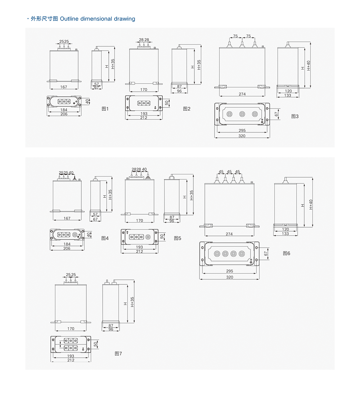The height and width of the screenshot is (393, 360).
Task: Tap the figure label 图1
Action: (x=105, y=109)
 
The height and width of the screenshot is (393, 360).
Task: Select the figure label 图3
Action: (x=295, y=116)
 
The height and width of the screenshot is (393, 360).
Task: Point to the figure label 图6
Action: (x=287, y=253)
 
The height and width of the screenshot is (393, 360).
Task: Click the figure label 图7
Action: (x=118, y=354)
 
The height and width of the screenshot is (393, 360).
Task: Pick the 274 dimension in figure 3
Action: (x=242, y=94)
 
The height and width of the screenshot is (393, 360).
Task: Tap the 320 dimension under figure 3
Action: (x=242, y=136)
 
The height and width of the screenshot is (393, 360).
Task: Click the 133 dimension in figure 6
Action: (x=285, y=234)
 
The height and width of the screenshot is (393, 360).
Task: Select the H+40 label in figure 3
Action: (x=309, y=66)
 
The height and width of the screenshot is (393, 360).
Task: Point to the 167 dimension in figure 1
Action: (x=64, y=87)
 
